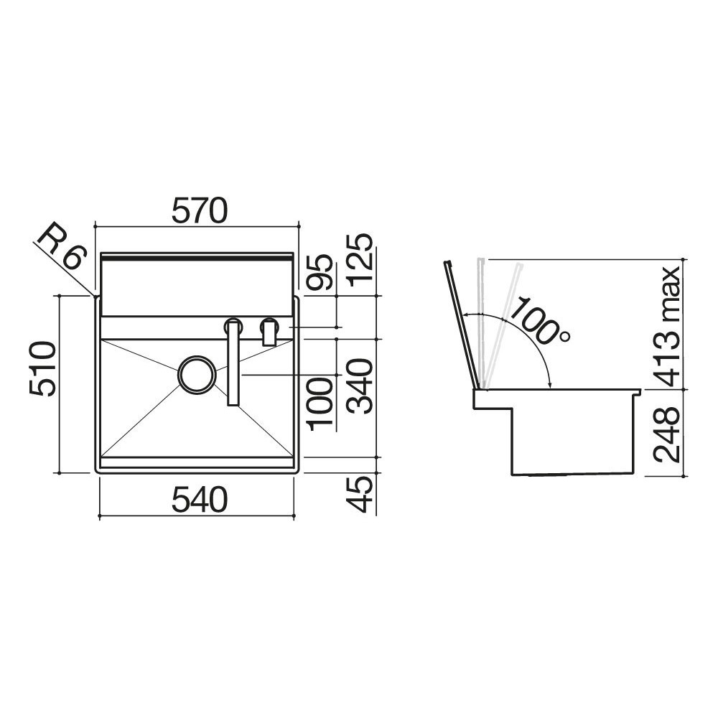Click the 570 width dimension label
[x=200, y=210]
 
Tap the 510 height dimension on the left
[x=42, y=369]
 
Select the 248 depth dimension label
[x=666, y=433]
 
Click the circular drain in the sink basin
[x=195, y=375]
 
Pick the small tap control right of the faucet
[x=270, y=332]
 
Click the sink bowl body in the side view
[x=571, y=438]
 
